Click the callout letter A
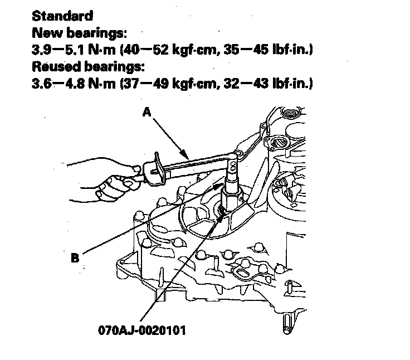click(x=147, y=112)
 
